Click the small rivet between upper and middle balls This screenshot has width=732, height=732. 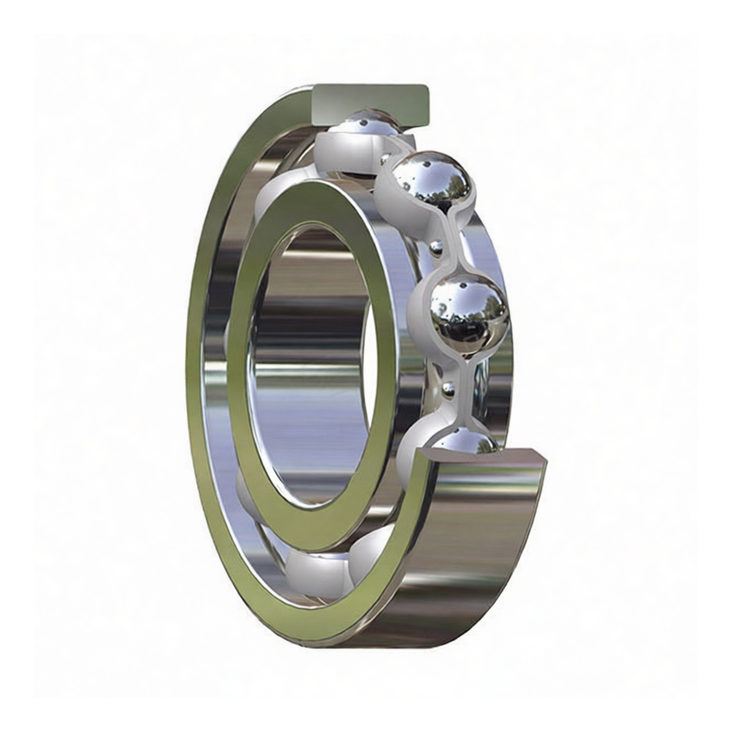pos(436,248)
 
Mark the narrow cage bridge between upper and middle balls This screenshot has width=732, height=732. pos(454,241)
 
